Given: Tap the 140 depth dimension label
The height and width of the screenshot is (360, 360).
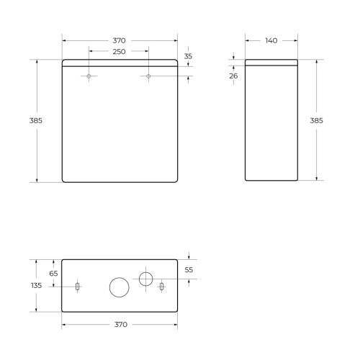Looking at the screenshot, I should (x=271, y=40).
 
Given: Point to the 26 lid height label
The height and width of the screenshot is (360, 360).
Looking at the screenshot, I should (x=234, y=76).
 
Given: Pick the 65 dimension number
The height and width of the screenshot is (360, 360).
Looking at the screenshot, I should (x=53, y=273).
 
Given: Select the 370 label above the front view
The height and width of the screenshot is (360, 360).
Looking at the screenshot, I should (x=120, y=40).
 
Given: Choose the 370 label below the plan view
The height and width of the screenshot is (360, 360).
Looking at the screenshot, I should (x=120, y=325).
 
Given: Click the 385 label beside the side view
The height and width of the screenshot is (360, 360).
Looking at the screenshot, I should (x=316, y=120).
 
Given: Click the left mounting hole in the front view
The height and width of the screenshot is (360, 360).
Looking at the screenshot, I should (x=89, y=76).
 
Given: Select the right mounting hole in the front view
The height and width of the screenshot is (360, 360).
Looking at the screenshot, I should (x=148, y=76).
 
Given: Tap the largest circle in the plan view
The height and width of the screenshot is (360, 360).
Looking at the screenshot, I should (x=119, y=287).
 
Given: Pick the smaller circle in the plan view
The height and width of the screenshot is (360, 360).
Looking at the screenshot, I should (x=145, y=278).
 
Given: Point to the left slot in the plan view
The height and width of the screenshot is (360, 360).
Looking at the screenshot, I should (x=77, y=287).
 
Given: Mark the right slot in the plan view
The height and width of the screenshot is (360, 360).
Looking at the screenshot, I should (x=162, y=287).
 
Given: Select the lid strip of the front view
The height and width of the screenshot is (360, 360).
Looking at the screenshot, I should (x=120, y=63).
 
